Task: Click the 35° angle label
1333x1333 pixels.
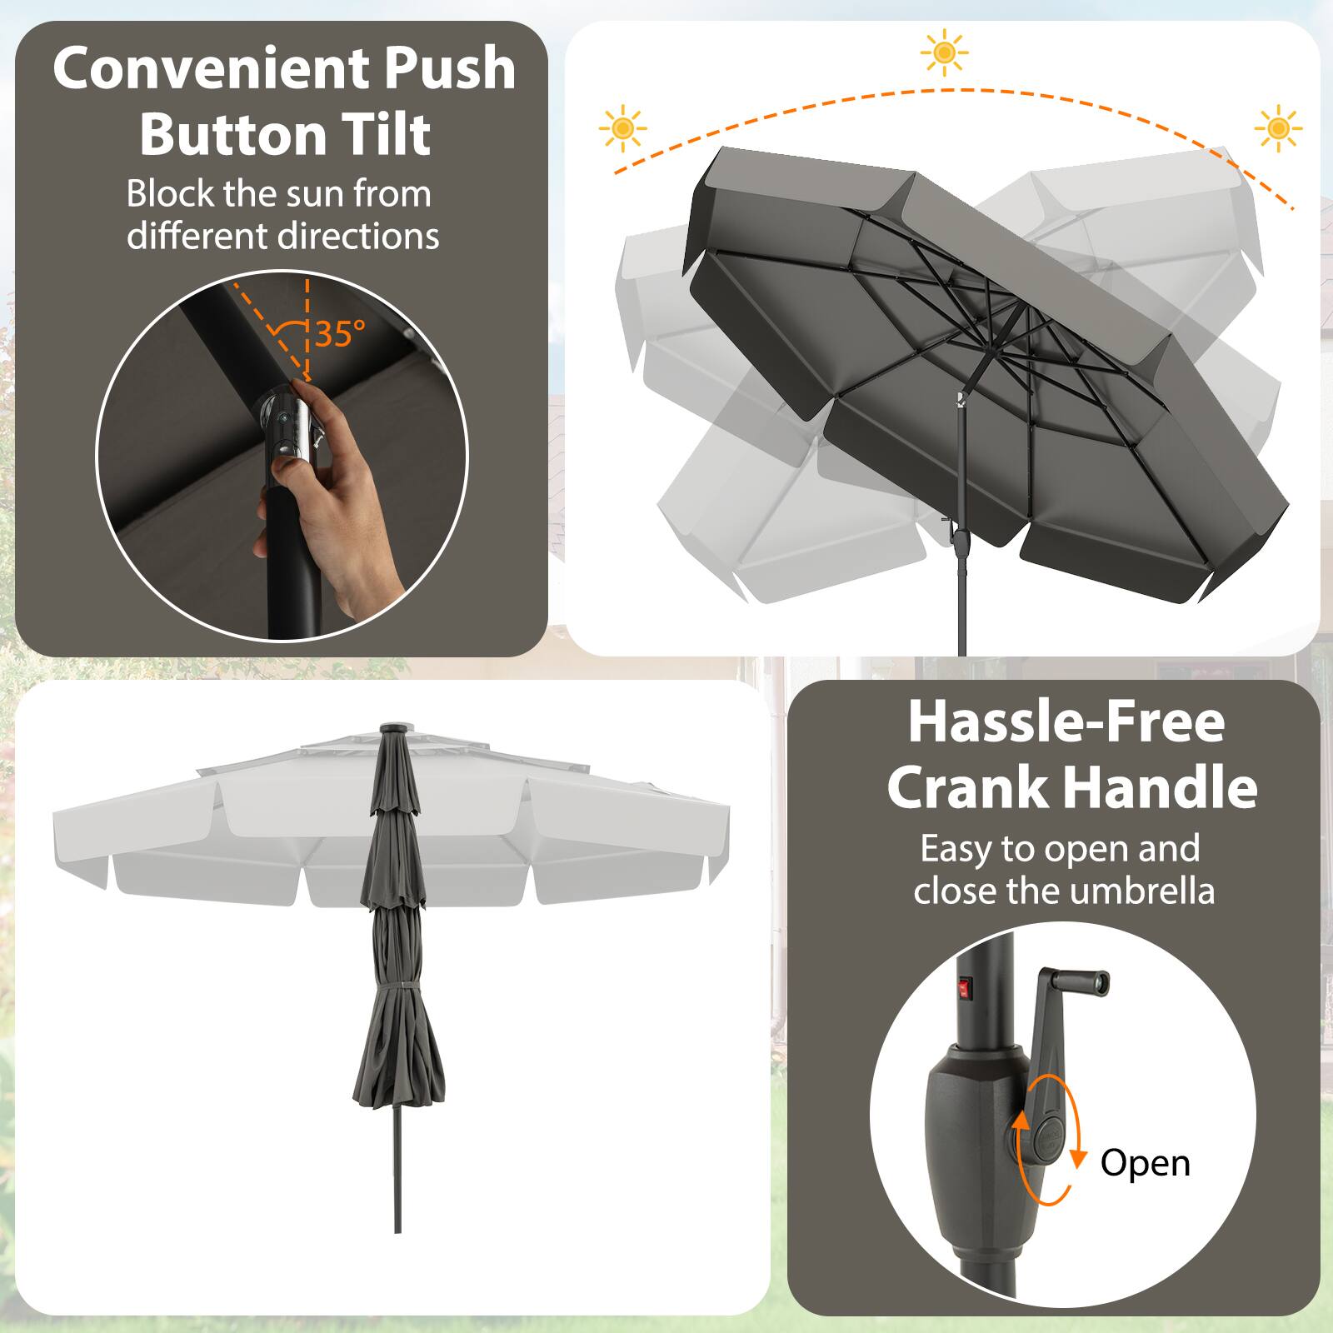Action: pyautogui.click(x=340, y=334)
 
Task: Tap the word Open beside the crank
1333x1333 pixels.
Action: pyautogui.click(x=1145, y=1162)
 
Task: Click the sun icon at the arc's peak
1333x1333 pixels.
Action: pyautogui.click(x=944, y=52)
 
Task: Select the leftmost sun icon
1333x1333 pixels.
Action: pyautogui.click(x=622, y=128)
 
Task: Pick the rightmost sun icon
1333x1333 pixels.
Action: pyautogui.click(x=1277, y=128)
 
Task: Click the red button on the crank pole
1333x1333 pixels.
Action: pyautogui.click(x=966, y=988)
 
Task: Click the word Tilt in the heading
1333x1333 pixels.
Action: pyautogui.click(x=382, y=134)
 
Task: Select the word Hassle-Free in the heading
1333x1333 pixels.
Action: pyautogui.click(x=1066, y=721)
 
